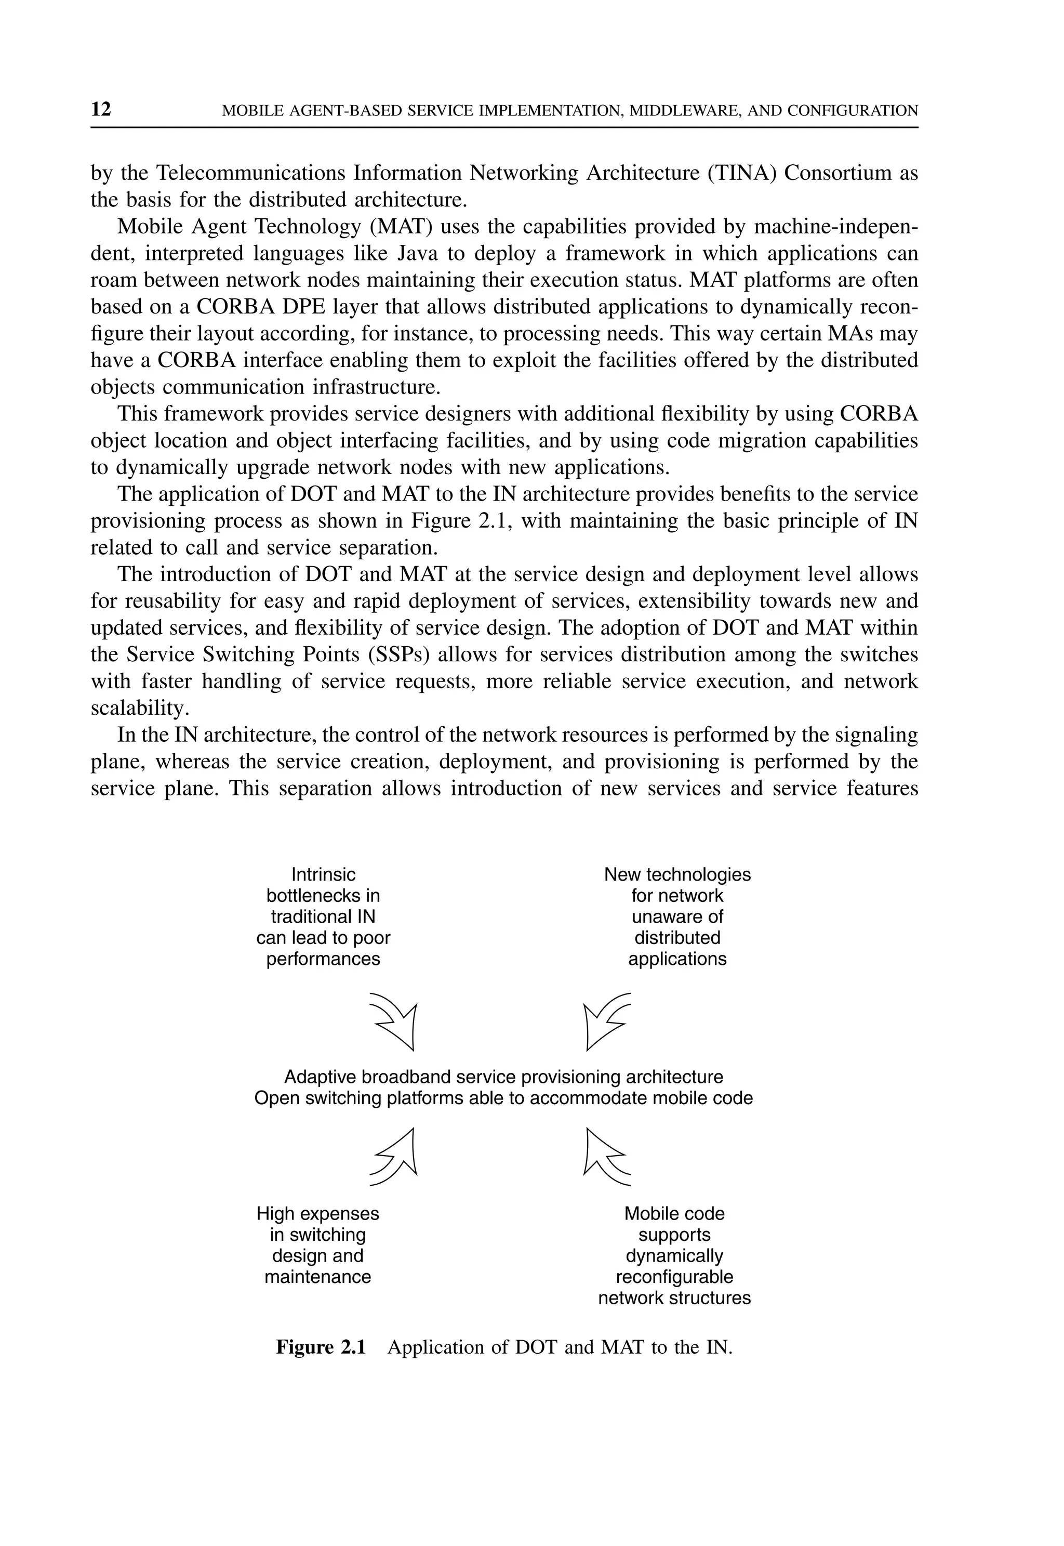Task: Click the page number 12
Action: [x=101, y=109]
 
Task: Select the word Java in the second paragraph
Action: [x=419, y=254]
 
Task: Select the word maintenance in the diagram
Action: [x=317, y=1277]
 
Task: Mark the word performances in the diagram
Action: [x=323, y=959]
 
